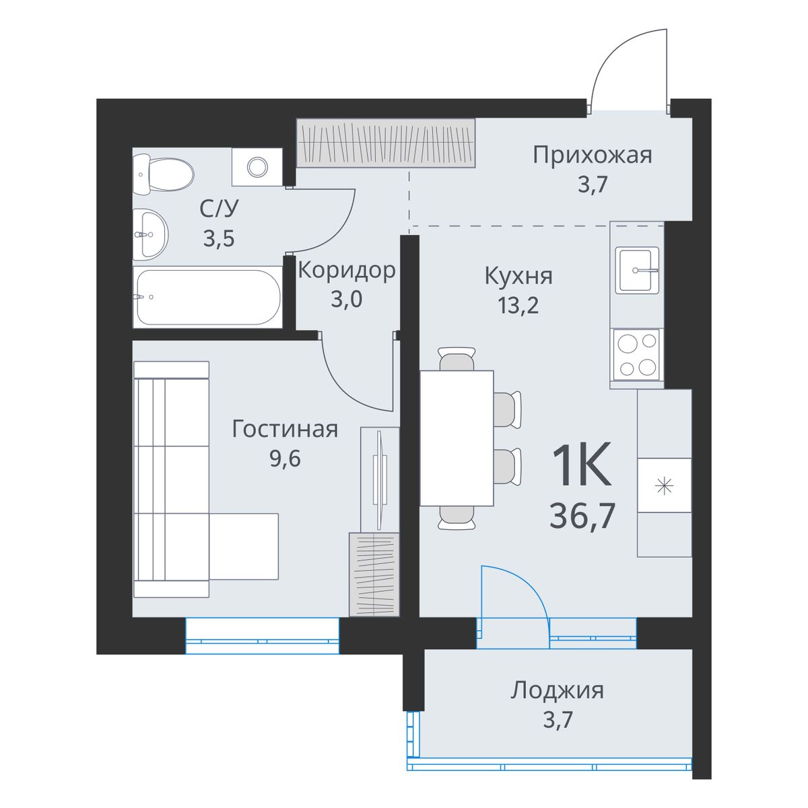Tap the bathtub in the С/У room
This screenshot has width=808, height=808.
coord(208,297)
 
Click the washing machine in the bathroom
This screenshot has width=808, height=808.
coord(257,167)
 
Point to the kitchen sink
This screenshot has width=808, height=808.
coord(636,270)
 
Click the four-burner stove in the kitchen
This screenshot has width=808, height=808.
coord(636,355)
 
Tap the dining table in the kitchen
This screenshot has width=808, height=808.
coord(457,438)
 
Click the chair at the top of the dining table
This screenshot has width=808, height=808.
coord(457,359)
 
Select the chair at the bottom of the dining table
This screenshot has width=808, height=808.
coord(457,518)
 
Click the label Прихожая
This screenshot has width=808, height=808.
coord(593,155)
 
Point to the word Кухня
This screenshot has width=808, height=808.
coord(518,276)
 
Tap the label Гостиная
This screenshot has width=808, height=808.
coord(285,430)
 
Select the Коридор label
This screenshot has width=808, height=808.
coord(346,271)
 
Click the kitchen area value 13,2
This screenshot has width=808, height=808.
coord(518,306)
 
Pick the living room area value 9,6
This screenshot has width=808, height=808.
coord(285,460)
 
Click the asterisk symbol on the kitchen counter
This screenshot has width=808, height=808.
coord(664,487)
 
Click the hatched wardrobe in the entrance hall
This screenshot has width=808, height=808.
coord(386,143)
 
